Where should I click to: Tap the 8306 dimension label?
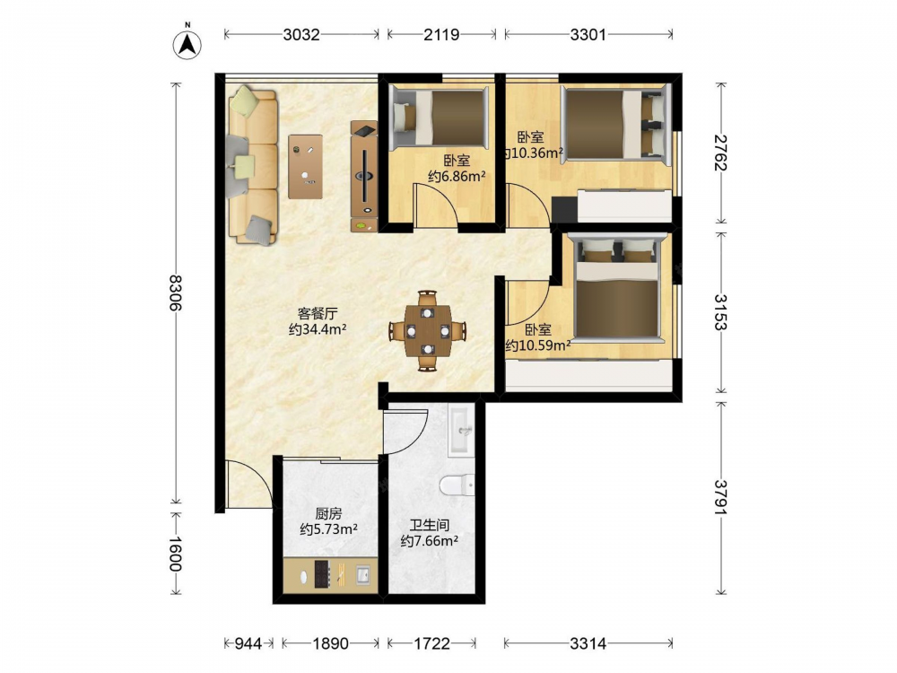(x=176, y=293)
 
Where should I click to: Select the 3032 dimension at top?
(x=300, y=35)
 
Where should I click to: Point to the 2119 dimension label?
(x=441, y=35)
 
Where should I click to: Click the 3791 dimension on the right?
(x=720, y=497)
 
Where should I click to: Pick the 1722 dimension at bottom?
(x=432, y=643)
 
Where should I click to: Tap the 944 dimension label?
(x=248, y=643)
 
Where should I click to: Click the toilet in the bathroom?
(x=457, y=485)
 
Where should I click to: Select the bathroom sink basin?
(x=461, y=431)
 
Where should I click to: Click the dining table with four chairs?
(x=427, y=331)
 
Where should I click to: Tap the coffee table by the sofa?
(x=305, y=167)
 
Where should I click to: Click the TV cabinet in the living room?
(x=364, y=176)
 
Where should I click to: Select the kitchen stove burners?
(x=322, y=574)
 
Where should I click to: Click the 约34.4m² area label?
(x=318, y=329)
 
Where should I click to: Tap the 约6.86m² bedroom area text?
(x=457, y=176)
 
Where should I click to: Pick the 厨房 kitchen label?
(x=328, y=514)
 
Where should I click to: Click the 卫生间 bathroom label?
(x=429, y=525)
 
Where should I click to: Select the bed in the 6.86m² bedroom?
(x=440, y=117)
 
